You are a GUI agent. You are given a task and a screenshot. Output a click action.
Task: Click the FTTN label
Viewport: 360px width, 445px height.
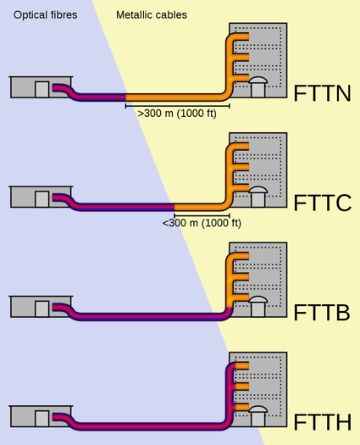(322, 93)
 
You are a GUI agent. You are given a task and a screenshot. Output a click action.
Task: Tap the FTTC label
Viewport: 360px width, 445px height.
(322, 203)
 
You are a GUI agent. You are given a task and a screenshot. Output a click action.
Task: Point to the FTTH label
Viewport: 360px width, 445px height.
(322, 423)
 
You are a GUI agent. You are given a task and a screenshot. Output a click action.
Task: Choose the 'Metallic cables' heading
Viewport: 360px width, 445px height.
(152, 14)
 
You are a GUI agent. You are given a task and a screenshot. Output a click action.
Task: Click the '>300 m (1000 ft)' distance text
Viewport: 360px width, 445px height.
(176, 113)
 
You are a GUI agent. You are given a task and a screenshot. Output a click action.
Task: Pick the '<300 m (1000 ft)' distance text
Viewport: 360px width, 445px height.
(201, 223)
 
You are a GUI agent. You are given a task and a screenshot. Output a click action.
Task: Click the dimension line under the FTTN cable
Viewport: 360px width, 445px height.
(177, 104)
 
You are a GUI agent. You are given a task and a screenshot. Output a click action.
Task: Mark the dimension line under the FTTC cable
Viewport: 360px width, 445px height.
(201, 214)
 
